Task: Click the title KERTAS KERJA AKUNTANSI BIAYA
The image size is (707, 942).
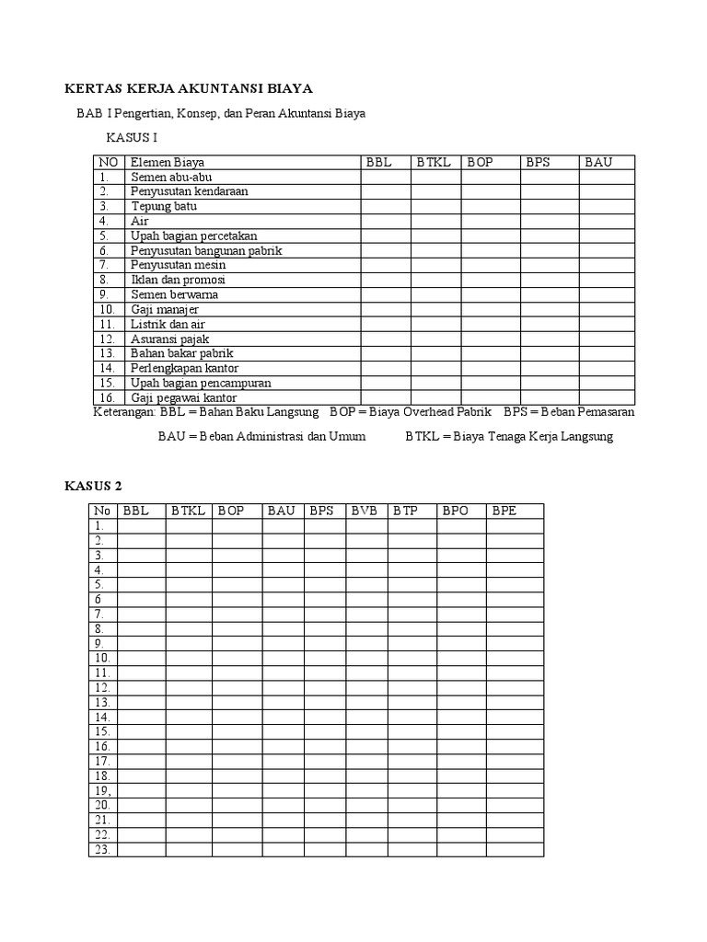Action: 189,88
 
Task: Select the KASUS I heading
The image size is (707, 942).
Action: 133,138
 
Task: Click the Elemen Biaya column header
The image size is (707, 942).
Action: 167,162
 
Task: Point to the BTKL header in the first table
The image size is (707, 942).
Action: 434,162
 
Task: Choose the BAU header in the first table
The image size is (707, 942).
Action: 598,162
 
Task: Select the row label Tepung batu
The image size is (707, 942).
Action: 164,206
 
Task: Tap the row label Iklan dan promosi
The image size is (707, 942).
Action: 178,280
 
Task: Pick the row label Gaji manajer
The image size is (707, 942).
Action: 165,310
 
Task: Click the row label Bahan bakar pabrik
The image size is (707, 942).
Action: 181,353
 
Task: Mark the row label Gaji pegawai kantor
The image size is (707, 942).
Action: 184,397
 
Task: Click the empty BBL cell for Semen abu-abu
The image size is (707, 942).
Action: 385,177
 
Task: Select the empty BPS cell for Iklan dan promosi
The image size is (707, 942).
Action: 549,280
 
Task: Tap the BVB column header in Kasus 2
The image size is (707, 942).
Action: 365,511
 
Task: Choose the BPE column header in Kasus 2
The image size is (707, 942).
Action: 504,511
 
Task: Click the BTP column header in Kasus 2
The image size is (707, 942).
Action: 406,511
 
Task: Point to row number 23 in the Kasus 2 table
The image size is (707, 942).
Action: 101,849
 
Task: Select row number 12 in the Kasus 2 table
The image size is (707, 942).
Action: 101,687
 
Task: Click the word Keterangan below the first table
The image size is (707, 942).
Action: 125,412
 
